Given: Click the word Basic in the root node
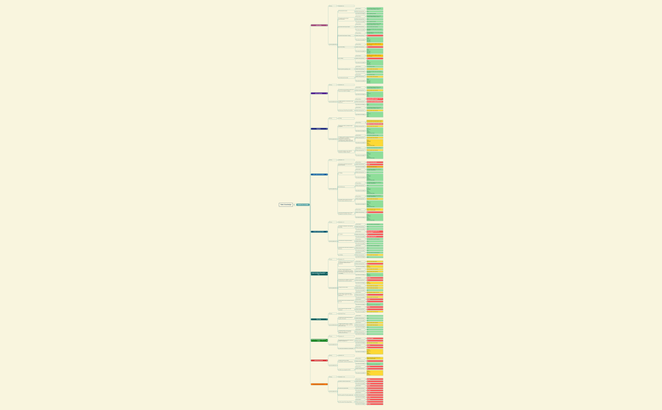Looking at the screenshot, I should coord(282,204).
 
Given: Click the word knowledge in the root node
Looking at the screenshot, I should coord(287,204).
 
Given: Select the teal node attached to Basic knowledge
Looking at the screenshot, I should coord(303,204).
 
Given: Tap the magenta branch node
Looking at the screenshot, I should coord(319,25).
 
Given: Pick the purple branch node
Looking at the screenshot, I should coord(319,93).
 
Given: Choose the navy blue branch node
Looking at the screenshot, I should coord(319,129).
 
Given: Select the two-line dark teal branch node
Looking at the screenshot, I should coord(319,273).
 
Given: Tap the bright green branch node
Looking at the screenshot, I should coord(319,341).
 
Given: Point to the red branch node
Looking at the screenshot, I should coord(319,360).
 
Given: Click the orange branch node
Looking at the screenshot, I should coord(319,384).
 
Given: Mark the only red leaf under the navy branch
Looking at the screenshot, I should coord(375,124).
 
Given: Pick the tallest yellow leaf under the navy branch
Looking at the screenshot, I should coord(375,143).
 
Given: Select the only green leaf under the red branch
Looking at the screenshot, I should coord(375,364).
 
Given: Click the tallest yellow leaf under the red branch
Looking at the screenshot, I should coord(375,373).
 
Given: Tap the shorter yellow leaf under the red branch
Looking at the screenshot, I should coord(375,358).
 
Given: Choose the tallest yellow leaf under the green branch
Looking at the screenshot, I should coord(375,351).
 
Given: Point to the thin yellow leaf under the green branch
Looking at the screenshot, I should coord(375,343).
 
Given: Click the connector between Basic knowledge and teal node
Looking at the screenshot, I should coord(294,204).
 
